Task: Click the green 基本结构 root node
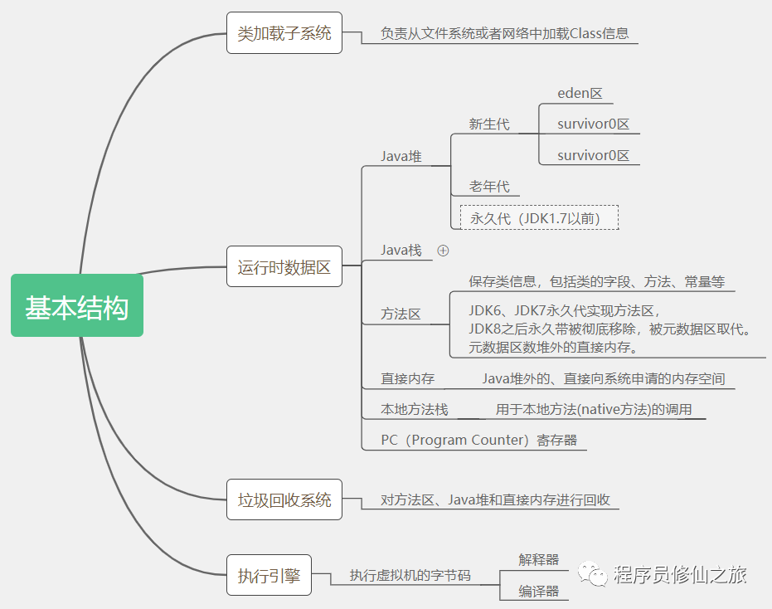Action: [x=77, y=305]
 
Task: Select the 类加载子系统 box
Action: [x=284, y=34]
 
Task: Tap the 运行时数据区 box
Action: [x=284, y=268]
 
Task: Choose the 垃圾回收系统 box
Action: [x=284, y=500]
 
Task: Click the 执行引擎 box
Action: [x=269, y=575]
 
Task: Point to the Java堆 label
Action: [x=401, y=156]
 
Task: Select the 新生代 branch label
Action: [x=489, y=124]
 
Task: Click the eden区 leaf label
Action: [x=580, y=94]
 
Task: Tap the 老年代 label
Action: [x=489, y=187]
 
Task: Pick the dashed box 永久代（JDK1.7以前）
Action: [x=539, y=218]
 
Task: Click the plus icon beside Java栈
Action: [x=443, y=250]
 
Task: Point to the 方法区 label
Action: [x=401, y=314]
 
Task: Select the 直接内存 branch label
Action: [x=408, y=379]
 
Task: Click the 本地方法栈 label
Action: [x=415, y=409]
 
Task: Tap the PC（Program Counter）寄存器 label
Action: [x=478, y=440]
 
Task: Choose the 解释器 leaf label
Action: [x=539, y=560]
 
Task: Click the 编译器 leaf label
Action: [x=539, y=591]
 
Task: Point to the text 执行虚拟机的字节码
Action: [x=410, y=575]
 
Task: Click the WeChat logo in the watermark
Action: [x=592, y=574]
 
